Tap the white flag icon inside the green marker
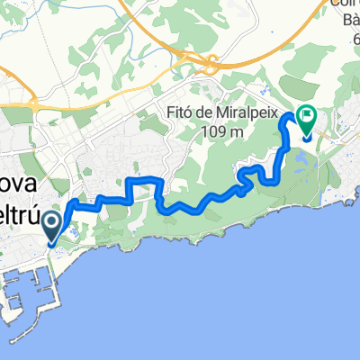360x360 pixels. click(306, 115)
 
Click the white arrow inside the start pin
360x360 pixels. click(53, 221)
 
